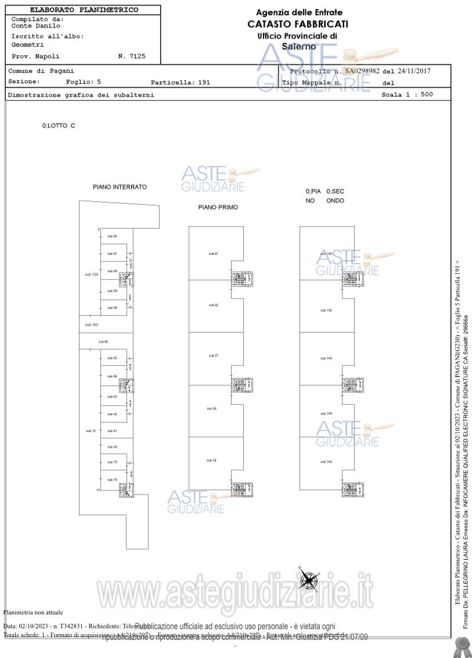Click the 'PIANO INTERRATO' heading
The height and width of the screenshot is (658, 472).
(120, 187)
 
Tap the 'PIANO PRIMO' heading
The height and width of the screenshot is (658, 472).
(218, 207)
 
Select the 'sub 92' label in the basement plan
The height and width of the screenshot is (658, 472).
(112, 237)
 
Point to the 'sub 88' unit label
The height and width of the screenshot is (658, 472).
(112, 307)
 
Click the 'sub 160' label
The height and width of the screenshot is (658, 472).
(92, 324)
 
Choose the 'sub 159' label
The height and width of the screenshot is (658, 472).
(92, 274)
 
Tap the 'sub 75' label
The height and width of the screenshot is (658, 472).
(91, 431)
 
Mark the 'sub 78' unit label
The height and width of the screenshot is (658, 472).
(112, 480)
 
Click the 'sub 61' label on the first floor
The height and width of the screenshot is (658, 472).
(213, 254)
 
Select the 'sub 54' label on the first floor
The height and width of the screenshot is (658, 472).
(211, 460)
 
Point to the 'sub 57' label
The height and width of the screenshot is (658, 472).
(213, 355)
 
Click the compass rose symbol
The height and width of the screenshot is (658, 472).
(308, 579)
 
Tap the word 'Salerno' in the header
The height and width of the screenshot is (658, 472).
(299, 46)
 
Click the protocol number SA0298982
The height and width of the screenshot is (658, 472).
(362, 71)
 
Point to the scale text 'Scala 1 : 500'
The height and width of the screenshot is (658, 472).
(407, 94)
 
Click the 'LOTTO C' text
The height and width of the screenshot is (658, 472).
(59, 126)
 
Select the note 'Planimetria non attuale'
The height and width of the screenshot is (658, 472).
(33, 612)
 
